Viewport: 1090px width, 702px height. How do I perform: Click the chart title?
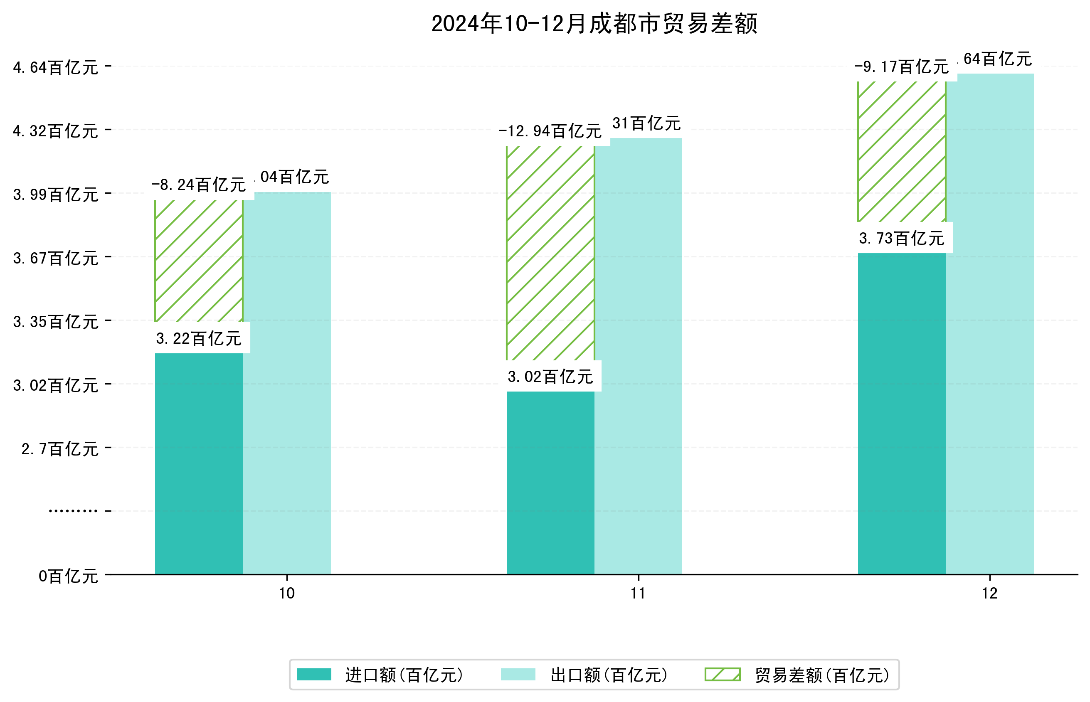[x=594, y=24]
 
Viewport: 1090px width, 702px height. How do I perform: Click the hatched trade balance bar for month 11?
[x=550, y=253]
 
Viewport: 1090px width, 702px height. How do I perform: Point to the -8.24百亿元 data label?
[x=199, y=185]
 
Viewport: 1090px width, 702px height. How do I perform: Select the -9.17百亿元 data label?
[x=901, y=67]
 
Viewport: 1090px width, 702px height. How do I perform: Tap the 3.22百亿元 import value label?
[x=199, y=339]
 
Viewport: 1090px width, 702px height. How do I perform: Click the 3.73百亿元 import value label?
[x=901, y=239]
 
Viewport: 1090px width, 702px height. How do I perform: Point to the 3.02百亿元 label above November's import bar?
[x=550, y=377]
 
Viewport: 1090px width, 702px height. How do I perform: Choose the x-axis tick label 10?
[x=287, y=593]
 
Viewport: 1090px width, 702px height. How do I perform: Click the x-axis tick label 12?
[x=990, y=593]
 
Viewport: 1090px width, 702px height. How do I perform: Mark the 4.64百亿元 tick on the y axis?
[x=56, y=67]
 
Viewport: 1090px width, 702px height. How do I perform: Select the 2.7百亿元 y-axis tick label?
[x=60, y=449]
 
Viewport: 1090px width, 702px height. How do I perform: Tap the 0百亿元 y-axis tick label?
[x=68, y=576]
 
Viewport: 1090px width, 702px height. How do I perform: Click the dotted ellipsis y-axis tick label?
[x=73, y=511]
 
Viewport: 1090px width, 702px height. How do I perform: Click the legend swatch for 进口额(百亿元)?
[x=313, y=674]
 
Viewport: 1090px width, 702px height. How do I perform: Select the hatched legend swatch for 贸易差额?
[x=722, y=674]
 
